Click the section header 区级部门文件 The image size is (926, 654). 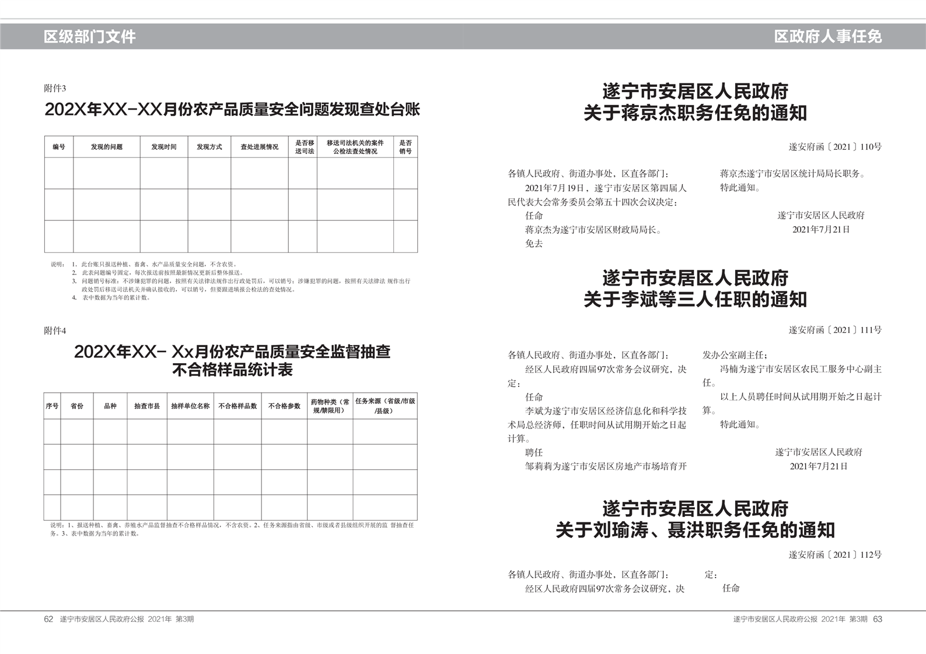pos(89,37)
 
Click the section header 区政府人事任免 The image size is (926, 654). pos(827,37)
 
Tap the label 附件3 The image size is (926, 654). pos(55,89)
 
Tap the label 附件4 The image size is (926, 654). pos(55,331)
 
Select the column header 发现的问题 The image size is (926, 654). pos(106,147)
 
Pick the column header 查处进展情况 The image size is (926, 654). pos(259,147)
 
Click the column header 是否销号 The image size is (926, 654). pos(405,147)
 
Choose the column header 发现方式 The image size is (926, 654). pos(209,147)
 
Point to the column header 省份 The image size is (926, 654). pos(77,406)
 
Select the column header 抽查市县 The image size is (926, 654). pos(146,406)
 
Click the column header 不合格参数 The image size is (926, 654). pos(284,406)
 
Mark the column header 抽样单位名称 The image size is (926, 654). pos(190,406)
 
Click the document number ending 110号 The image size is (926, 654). pos(835,147)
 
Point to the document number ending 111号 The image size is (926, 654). pos(835,330)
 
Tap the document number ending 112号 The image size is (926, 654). pos(835,555)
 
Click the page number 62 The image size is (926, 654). pos(48,619)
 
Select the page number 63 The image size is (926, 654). pos(878,619)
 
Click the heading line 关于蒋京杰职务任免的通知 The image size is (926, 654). pos(695,112)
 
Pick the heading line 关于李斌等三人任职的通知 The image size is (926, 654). pos(695,299)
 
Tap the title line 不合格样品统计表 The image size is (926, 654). pos(232,370)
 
